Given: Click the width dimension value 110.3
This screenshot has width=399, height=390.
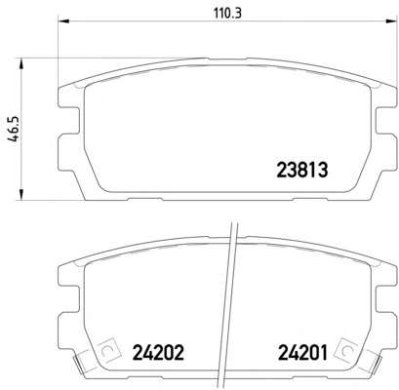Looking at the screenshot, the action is coord(228,14).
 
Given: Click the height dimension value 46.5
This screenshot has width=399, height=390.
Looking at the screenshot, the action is coord(15,129).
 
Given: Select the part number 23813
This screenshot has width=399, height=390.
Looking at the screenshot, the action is coord(301,170).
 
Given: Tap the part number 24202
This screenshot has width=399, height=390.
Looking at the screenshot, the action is coord(158,352).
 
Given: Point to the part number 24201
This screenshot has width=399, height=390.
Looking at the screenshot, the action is coord(302,352).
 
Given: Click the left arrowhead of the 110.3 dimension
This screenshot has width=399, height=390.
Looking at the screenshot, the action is coord(63,21).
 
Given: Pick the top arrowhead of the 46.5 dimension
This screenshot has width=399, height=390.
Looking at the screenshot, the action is coord(21,64).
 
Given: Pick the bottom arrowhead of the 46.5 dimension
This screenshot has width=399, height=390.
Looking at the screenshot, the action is coord(21,194).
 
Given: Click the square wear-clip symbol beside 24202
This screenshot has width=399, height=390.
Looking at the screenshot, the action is coord(107,349).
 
